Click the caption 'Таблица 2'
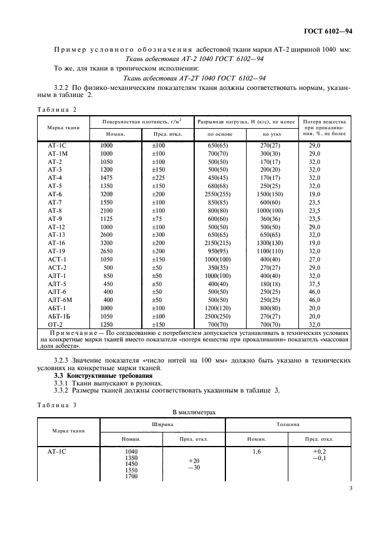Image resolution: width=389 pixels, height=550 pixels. click(x=57, y=109)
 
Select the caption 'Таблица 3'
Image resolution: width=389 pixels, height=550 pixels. click(x=57, y=405)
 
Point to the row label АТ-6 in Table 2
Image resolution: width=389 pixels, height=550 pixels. click(x=55, y=193)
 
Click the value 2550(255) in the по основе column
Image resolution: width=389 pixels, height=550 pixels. click(x=217, y=193)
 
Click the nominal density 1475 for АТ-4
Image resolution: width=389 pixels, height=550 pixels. click(x=106, y=177)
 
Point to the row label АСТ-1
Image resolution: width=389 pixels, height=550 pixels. click(x=56, y=259)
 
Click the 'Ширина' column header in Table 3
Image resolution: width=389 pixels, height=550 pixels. click(x=162, y=424)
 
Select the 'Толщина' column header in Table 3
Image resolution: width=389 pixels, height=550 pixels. click(x=289, y=424)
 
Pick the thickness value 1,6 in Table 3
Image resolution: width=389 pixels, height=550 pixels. click(x=255, y=452)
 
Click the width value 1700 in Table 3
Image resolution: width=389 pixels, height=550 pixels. click(x=131, y=475)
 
